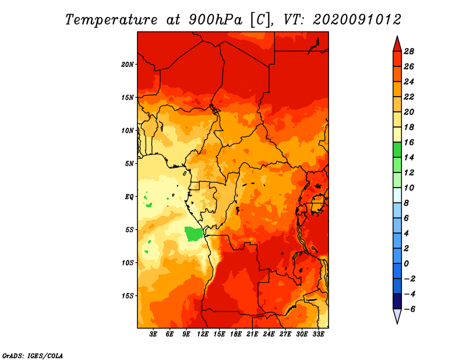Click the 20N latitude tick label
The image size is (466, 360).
point(127,64)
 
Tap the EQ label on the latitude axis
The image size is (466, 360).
point(129,197)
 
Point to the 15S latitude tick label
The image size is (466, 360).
point(127,296)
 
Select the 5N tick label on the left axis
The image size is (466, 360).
point(129,164)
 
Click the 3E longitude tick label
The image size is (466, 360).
point(153,334)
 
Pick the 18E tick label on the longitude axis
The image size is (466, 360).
point(236,334)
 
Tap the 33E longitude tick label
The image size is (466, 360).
point(318,334)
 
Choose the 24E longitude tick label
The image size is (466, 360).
point(269,334)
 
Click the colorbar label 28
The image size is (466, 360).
point(409,51)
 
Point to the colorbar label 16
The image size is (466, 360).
point(409,142)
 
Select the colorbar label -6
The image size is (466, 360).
point(409,309)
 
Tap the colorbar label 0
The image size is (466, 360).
point(406,264)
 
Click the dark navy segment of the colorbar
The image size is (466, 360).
point(397,301)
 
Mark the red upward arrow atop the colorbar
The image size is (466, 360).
point(397,44)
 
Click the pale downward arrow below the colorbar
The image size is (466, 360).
point(397,316)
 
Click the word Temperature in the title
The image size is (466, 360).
point(111,20)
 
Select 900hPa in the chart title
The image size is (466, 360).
point(215,20)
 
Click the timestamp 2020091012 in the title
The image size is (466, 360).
point(357,20)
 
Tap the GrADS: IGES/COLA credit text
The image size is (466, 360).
point(33,356)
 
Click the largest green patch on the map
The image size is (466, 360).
point(193,234)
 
